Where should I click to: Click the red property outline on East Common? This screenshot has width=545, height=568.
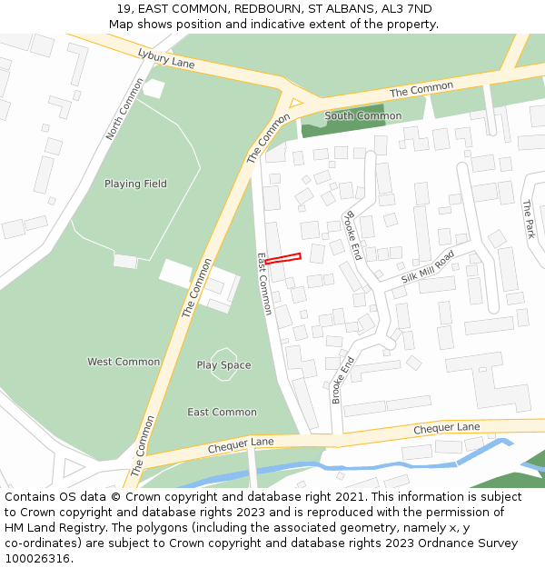pos(282,259)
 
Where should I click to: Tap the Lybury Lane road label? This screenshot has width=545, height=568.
pos(166,59)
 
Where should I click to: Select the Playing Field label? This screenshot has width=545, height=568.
pos(135,184)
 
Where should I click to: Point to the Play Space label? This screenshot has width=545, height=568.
pos(223,365)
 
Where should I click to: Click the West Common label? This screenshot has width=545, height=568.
pos(124,362)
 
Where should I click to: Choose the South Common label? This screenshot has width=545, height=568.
pos(362,116)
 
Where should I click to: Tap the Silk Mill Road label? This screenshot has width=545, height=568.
pos(427,267)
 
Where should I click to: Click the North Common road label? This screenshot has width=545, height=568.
pos(124,109)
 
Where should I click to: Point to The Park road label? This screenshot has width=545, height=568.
pos(528,220)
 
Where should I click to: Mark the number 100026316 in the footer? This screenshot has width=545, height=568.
pos(36,558)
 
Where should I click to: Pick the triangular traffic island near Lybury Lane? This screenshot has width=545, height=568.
pos(294,102)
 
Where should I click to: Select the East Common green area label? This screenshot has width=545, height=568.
pos(222,412)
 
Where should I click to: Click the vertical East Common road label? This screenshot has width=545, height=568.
pos(264,284)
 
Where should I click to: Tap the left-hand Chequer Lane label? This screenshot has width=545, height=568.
pos(241,446)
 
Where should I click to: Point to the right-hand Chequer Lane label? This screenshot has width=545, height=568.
pos(446,427)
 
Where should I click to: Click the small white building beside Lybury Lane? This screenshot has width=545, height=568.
pos(154,88)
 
